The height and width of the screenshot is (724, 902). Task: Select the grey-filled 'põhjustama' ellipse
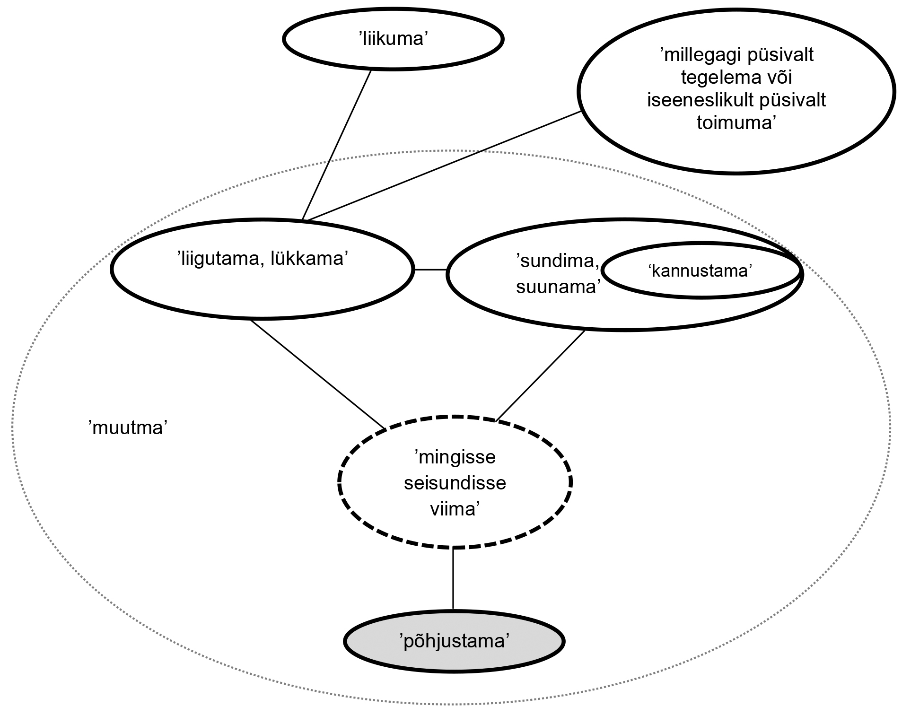454,641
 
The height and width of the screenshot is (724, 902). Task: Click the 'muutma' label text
128,427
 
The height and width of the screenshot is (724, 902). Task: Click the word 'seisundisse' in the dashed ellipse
455,483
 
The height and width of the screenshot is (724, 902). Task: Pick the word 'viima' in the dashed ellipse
455,509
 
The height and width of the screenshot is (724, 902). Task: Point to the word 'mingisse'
455,457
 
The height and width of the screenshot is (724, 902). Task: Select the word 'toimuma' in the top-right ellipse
737,122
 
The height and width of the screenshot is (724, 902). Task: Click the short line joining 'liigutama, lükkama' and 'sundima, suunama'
430,270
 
